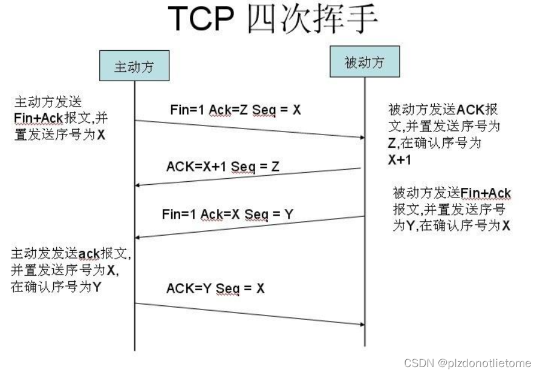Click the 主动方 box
(134, 65)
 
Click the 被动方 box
(365, 62)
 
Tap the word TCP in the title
(201, 18)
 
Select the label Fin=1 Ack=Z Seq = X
(236, 110)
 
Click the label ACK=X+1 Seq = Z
(223, 167)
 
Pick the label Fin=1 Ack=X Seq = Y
(227, 214)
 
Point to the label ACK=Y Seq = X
(216, 288)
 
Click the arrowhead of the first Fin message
(362, 138)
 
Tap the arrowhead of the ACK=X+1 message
(137, 185)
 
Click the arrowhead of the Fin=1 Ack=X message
(137, 237)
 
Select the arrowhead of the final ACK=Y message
(362, 324)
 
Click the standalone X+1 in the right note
(400, 160)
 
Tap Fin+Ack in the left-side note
(39, 118)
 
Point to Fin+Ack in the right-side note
(486, 193)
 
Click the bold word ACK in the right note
(470, 110)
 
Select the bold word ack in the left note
(89, 254)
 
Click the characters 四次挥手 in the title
(313, 19)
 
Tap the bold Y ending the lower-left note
(97, 287)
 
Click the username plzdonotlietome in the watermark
(489, 363)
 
